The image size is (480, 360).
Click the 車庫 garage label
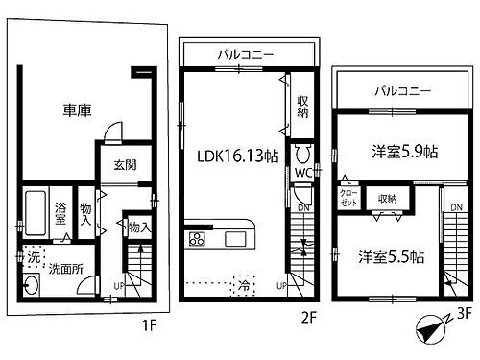(x=77, y=111)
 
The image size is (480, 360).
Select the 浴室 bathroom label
(x=60, y=212)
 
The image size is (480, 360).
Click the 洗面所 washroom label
(x=65, y=268)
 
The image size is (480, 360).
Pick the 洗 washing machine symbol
(x=34, y=257)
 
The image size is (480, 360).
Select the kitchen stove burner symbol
(x=198, y=239)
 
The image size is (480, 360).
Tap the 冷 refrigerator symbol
(x=245, y=285)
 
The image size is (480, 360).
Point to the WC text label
(x=301, y=173)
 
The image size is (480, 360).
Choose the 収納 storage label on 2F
(x=301, y=106)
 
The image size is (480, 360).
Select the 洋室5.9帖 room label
(x=405, y=151)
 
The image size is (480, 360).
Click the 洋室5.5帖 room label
(x=393, y=256)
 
